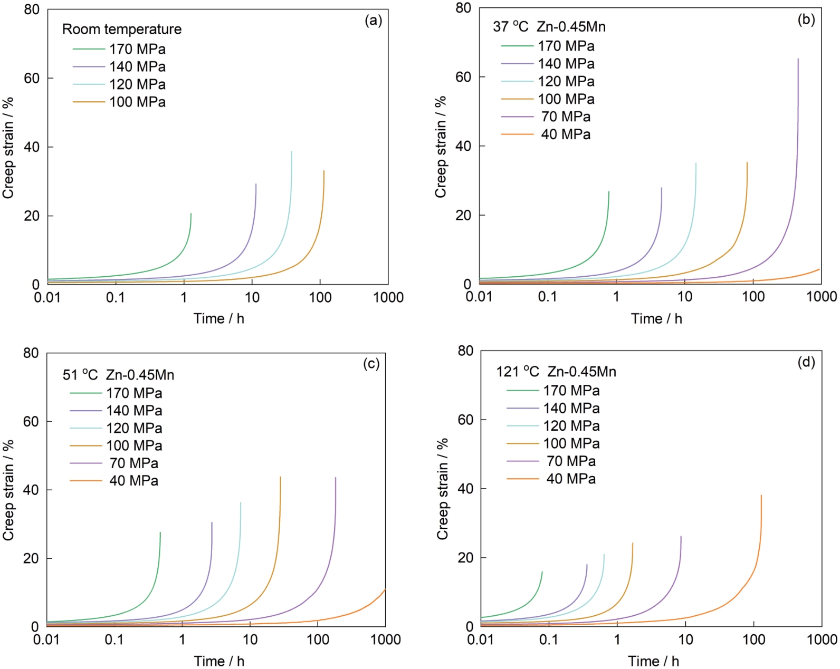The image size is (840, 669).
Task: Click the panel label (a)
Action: point(373,21)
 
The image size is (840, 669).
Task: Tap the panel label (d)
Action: point(806,362)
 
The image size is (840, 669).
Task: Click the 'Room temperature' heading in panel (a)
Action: point(122,30)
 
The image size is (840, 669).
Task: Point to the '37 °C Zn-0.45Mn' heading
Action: point(549,27)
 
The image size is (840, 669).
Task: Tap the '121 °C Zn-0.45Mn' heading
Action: point(556,372)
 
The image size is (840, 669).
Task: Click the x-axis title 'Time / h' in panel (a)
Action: point(218,318)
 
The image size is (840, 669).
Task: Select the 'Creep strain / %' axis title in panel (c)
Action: point(8,490)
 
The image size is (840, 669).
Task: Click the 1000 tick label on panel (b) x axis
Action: point(822,297)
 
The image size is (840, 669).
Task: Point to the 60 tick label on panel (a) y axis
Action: point(32,79)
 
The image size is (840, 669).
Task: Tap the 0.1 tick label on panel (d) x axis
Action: point(549,640)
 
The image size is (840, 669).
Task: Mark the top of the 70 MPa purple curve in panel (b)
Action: point(798,59)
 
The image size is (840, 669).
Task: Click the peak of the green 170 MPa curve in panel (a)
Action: point(191,214)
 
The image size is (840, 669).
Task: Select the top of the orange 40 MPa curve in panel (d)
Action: point(761,496)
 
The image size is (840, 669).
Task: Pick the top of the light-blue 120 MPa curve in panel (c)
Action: point(241,502)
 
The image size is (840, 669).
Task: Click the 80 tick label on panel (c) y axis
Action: point(31,353)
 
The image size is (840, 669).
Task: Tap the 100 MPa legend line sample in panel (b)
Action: point(517,99)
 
